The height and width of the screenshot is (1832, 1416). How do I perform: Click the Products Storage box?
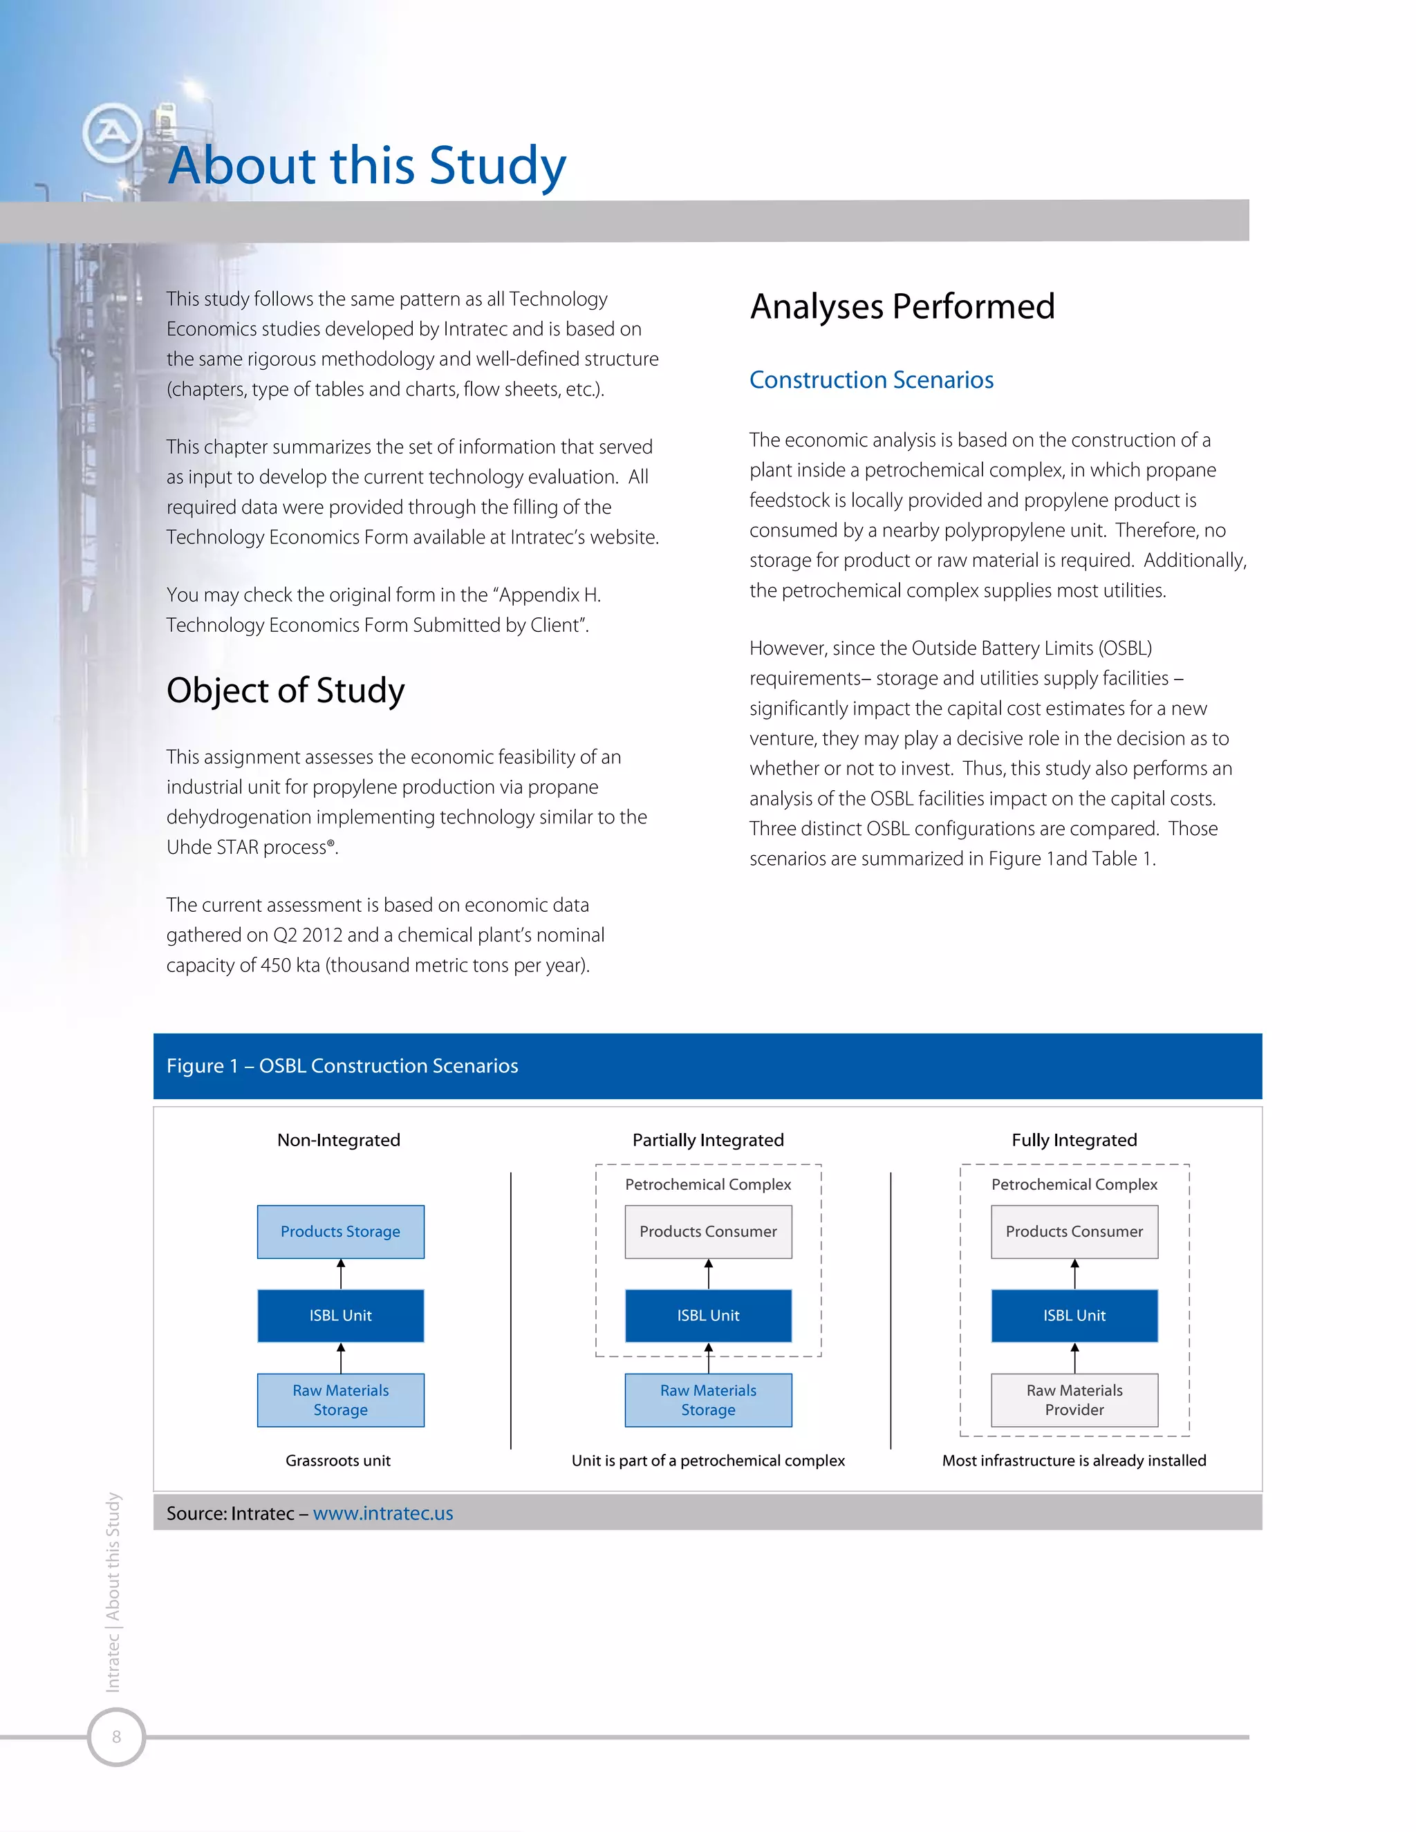(x=341, y=1231)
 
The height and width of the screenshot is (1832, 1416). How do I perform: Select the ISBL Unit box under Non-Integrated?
(x=341, y=1316)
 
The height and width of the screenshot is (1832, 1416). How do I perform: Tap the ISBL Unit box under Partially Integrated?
(x=708, y=1316)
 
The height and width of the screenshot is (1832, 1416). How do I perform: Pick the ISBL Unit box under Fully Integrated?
(x=1074, y=1316)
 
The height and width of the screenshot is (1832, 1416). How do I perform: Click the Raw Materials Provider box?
(x=1074, y=1400)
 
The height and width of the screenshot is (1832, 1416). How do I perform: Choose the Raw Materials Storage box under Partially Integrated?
(x=708, y=1400)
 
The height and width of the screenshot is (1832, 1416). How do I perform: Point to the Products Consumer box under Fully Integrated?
(x=1074, y=1231)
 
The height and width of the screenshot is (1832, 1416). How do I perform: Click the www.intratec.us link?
(x=382, y=1513)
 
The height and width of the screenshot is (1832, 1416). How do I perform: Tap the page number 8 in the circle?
(x=117, y=1737)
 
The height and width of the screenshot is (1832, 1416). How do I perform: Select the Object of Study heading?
(x=286, y=691)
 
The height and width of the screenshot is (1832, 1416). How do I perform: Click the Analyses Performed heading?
(x=902, y=306)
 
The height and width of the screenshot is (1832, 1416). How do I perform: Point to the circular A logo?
(x=111, y=133)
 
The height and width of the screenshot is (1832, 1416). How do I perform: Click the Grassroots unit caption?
(x=338, y=1460)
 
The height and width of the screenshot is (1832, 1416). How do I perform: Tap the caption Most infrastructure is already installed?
(x=1074, y=1460)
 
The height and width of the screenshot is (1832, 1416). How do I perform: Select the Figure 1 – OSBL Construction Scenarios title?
(x=342, y=1065)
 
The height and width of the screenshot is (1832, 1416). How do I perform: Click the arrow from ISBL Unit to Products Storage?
(x=341, y=1273)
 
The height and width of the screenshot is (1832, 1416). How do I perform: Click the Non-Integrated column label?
(x=339, y=1140)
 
